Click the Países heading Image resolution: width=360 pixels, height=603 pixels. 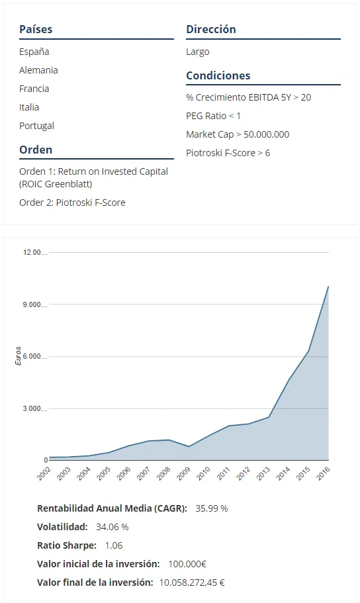click(36, 29)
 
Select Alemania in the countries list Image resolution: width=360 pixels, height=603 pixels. click(38, 70)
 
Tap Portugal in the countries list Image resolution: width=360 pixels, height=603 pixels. click(36, 126)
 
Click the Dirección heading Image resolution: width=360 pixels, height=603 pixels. click(211, 29)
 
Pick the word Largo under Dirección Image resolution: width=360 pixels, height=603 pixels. click(198, 52)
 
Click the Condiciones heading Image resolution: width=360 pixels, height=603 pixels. click(218, 75)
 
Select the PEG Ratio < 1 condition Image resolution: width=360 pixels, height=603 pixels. click(213, 116)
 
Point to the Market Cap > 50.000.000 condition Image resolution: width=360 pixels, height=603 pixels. click(238, 134)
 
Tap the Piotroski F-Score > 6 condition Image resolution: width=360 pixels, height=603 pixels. click(228, 153)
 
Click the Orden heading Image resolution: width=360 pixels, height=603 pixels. click(36, 150)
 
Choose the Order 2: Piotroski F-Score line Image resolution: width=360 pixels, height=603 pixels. click(72, 203)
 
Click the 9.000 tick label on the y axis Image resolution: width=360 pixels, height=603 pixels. click(35, 304)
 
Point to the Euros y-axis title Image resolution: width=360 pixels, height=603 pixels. click(18, 355)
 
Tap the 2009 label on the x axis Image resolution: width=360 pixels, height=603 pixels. click(183, 473)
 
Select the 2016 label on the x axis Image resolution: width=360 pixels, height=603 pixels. click(323, 473)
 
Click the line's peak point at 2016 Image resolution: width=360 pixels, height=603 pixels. click(328, 286)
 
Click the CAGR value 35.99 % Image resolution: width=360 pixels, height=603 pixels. click(212, 508)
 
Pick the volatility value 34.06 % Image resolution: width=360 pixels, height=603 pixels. click(112, 527)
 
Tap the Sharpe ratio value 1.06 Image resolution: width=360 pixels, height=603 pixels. click(114, 545)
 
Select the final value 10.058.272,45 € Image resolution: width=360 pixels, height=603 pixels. click(192, 582)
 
